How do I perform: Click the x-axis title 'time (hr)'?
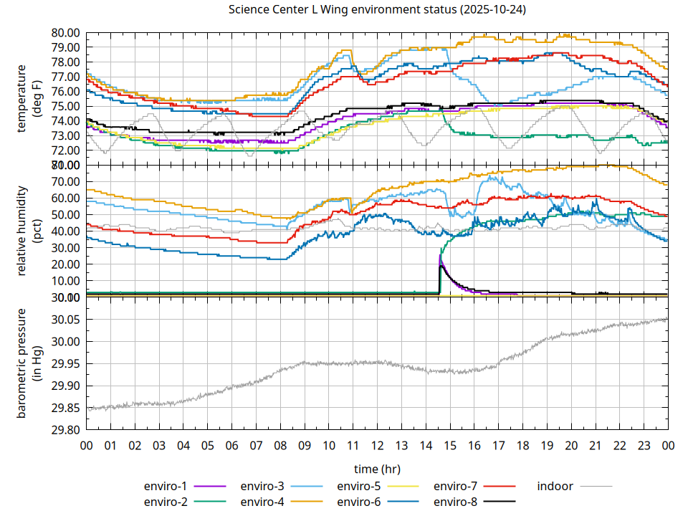point(377,469)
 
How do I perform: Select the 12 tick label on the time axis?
point(377,445)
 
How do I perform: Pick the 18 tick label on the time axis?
point(522,445)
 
